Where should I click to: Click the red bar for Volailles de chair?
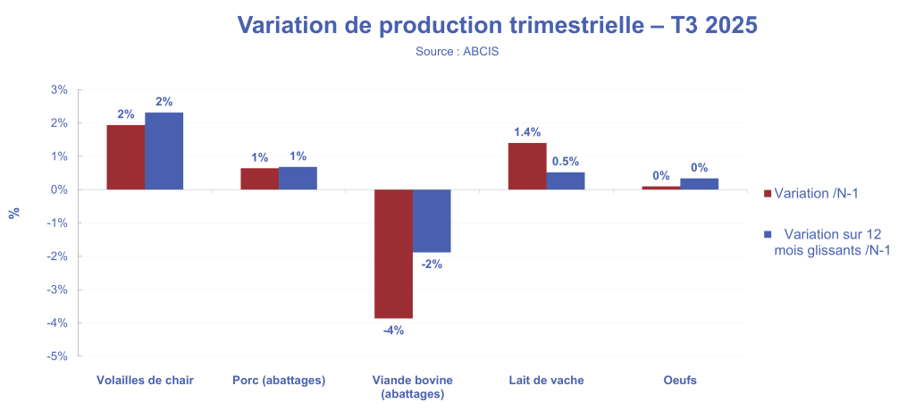click(126, 157)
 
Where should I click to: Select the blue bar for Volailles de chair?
click(164, 151)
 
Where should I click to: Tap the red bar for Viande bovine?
click(393, 254)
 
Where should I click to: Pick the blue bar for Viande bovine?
click(432, 221)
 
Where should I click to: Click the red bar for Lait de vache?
click(527, 166)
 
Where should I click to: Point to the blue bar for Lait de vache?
click(566, 180)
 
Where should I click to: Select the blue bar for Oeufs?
click(699, 184)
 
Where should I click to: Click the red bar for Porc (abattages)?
click(259, 179)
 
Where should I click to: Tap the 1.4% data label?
click(527, 132)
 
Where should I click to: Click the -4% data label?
click(393, 330)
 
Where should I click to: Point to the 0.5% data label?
click(565, 162)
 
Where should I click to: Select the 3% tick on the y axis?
click(59, 89)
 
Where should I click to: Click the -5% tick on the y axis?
click(57, 356)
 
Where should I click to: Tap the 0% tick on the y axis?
click(59, 189)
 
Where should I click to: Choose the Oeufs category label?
click(680, 381)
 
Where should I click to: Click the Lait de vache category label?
click(546, 381)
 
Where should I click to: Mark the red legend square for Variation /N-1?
click(767, 194)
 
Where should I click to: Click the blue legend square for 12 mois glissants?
click(767, 234)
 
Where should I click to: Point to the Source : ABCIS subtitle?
click(457, 52)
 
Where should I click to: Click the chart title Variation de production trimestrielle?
click(496, 26)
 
